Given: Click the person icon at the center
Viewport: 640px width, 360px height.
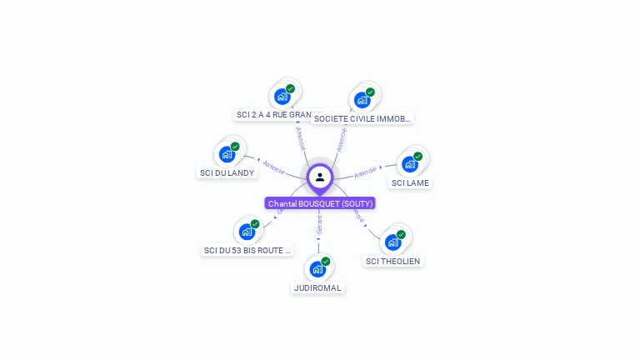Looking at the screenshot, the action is point(320,177).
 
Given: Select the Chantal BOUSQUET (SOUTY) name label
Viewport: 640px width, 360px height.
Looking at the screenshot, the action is point(321,203).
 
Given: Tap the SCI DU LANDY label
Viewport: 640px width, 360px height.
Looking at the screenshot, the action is point(227,172).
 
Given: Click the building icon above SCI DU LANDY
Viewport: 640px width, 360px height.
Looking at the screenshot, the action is point(227,154).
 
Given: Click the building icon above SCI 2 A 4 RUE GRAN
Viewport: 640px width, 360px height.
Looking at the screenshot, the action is point(282,97).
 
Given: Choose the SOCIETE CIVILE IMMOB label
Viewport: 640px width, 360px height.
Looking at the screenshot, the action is point(362,118).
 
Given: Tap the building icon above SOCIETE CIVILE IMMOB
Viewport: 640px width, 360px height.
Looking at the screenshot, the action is point(362,100).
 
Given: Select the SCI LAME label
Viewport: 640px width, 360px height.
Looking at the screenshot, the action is point(410,182).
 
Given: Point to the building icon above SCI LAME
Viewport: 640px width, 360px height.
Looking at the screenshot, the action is point(409,164).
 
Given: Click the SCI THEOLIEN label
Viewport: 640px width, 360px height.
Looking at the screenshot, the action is point(393,261).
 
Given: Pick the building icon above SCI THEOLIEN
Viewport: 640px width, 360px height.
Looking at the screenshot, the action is point(392,242).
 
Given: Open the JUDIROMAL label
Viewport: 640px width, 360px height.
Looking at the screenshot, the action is point(317,287).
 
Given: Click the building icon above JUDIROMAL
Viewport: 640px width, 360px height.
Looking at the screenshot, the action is point(317,269).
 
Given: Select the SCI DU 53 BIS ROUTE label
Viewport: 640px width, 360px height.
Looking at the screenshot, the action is point(247,249).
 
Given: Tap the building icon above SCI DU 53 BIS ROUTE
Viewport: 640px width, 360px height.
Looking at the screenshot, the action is point(247,231).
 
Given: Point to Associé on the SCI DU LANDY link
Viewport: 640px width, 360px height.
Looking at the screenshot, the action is point(273,165).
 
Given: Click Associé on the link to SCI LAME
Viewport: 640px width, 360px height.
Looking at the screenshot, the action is point(365,173).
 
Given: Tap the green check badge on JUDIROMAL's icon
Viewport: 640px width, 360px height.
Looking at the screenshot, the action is point(326,262).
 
